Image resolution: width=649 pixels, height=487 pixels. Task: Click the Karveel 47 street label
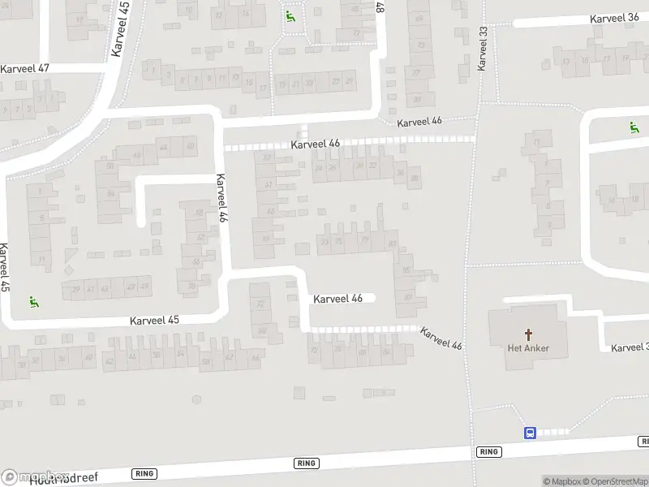coord(25,68)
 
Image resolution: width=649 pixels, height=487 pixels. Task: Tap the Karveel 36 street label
coord(614,18)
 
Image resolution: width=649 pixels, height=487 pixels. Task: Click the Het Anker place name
coord(529,349)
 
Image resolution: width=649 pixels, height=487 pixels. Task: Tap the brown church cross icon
coord(529,334)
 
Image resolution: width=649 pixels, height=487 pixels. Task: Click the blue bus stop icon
coord(529,433)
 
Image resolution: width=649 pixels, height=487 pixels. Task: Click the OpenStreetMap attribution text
coord(613,481)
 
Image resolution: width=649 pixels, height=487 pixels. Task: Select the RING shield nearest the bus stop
coord(488,452)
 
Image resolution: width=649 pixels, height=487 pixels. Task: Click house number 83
coord(393,243)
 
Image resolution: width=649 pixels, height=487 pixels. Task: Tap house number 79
coord(365,240)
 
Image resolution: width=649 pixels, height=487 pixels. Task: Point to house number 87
coord(407,297)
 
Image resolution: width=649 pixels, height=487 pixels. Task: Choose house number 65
coord(269,211)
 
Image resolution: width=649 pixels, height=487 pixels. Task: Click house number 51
coord(268,185)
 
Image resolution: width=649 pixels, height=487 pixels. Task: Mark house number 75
coord(338,241)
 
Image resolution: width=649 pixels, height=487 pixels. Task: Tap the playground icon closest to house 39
coord(34,302)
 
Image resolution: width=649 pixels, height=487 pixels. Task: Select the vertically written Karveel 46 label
coord(219,200)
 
